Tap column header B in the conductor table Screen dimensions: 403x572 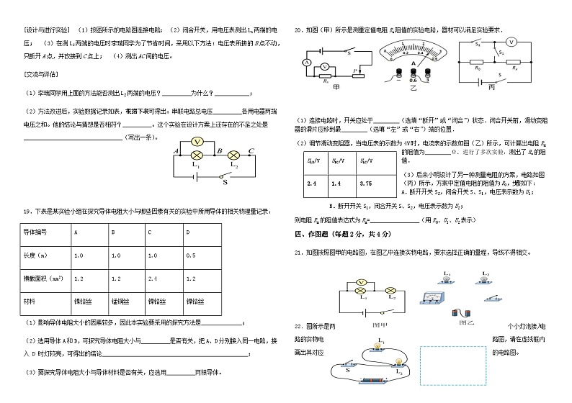pyautogui.click(x=114, y=232)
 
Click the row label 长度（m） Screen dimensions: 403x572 pyautogui.click(x=35, y=255)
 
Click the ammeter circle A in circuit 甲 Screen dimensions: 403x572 pyautogui.click(x=307, y=64)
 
